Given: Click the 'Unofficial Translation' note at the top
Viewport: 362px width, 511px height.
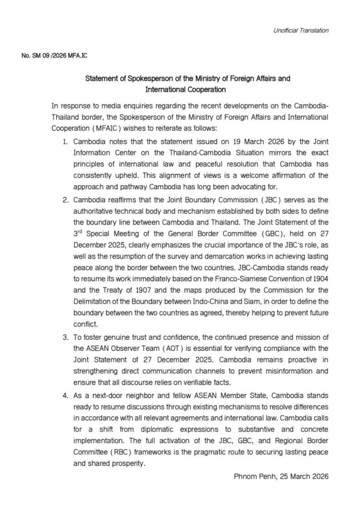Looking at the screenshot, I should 300,30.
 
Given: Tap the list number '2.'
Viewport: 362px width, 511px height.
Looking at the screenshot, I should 65,199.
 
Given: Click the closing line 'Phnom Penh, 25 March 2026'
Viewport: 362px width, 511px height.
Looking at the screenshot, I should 281,476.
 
